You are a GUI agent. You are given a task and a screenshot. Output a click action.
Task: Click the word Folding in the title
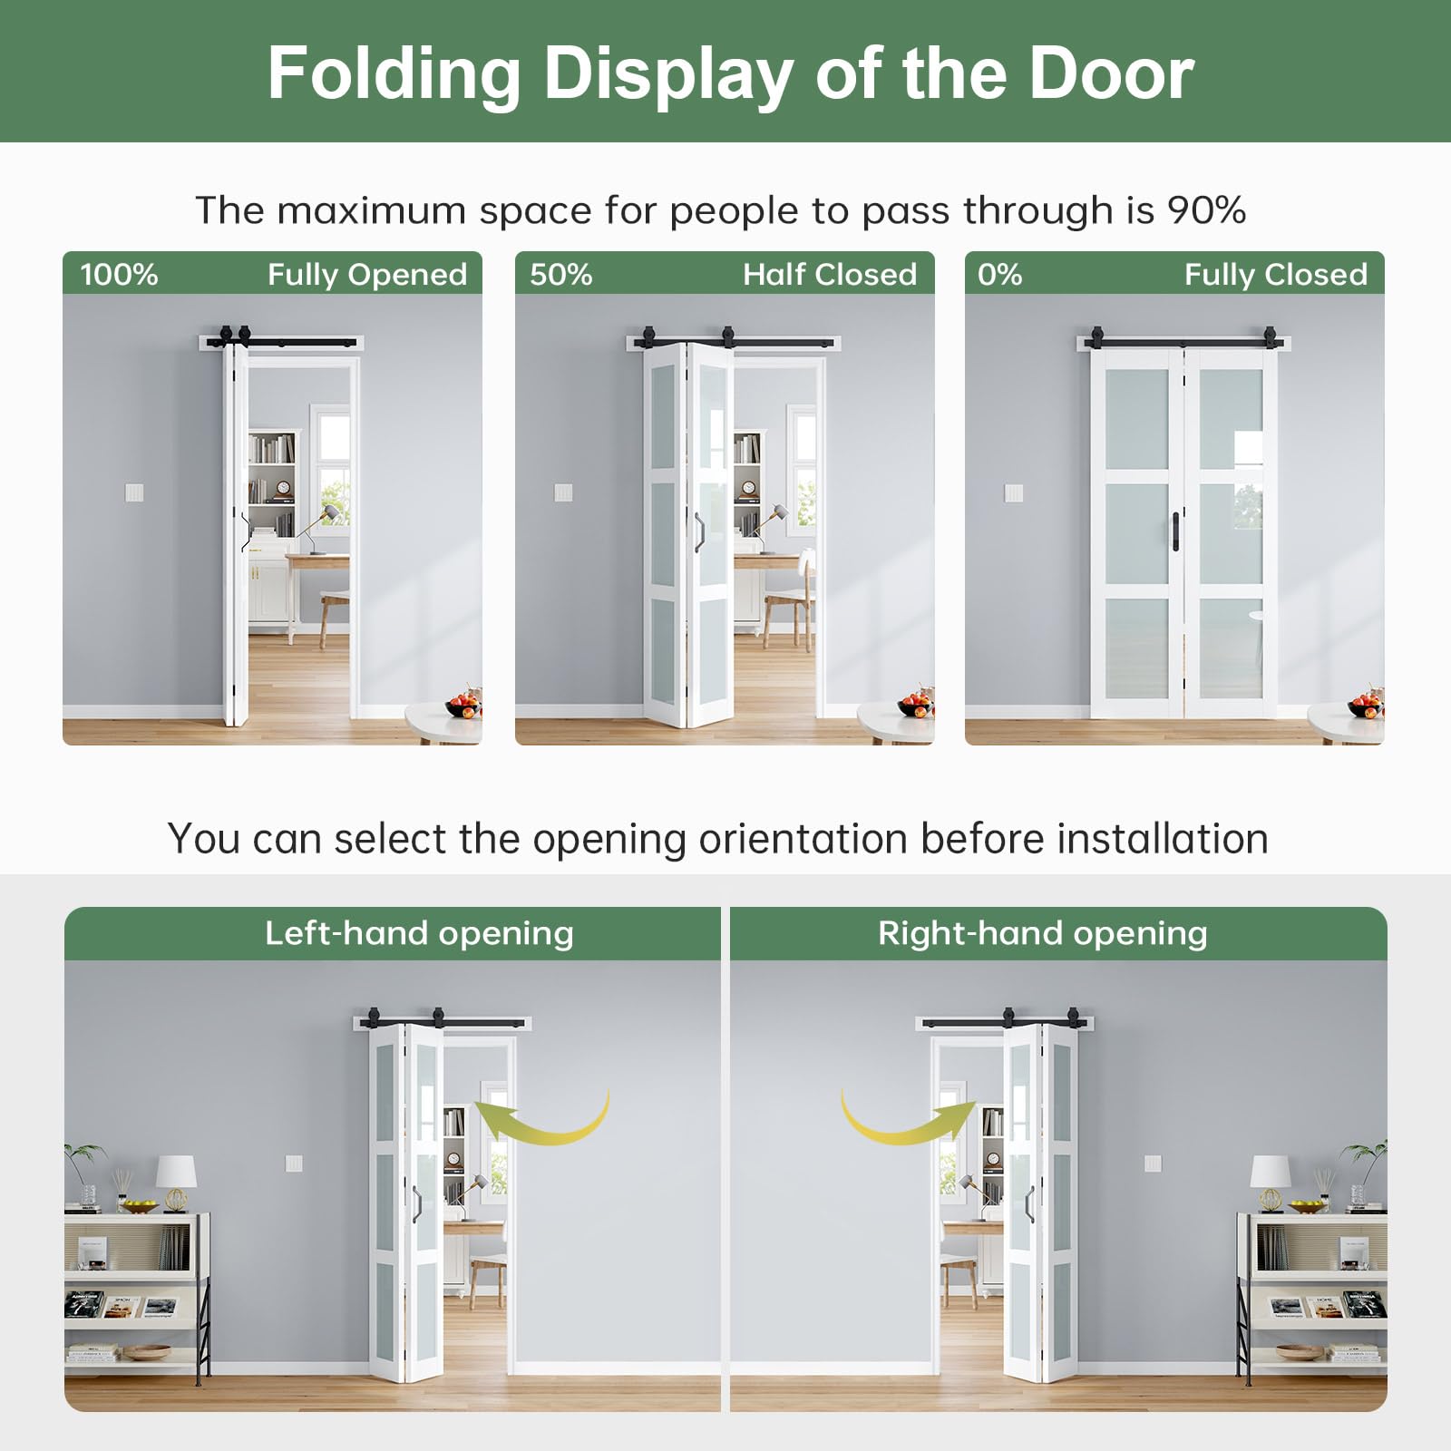coord(394,75)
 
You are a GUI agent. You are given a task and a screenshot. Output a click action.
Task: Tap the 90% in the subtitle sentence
coord(1206,210)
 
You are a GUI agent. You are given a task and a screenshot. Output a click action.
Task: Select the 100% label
coord(119,274)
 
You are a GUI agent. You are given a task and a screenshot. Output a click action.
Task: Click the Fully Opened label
coord(367,275)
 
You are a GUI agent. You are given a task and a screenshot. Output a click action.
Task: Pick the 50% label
coord(561,274)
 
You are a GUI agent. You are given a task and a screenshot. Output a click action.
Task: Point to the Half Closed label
coord(830,274)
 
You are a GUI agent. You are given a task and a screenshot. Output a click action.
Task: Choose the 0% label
coord(999,274)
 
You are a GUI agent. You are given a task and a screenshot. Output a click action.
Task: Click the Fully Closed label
coord(1276,275)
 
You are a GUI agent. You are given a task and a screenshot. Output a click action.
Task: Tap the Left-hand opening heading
coord(419,933)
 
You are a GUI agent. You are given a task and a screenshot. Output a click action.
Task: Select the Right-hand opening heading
coord(1043,933)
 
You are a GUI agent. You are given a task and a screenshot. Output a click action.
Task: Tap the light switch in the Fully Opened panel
coord(134,492)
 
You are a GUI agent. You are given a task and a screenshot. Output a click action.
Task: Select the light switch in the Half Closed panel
coord(563,492)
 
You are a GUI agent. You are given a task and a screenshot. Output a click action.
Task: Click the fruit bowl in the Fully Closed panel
coord(1366,704)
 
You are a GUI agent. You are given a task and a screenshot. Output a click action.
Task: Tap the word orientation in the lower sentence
coord(803,839)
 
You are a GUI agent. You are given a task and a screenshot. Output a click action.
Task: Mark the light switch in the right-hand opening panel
coord(1153,1164)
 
